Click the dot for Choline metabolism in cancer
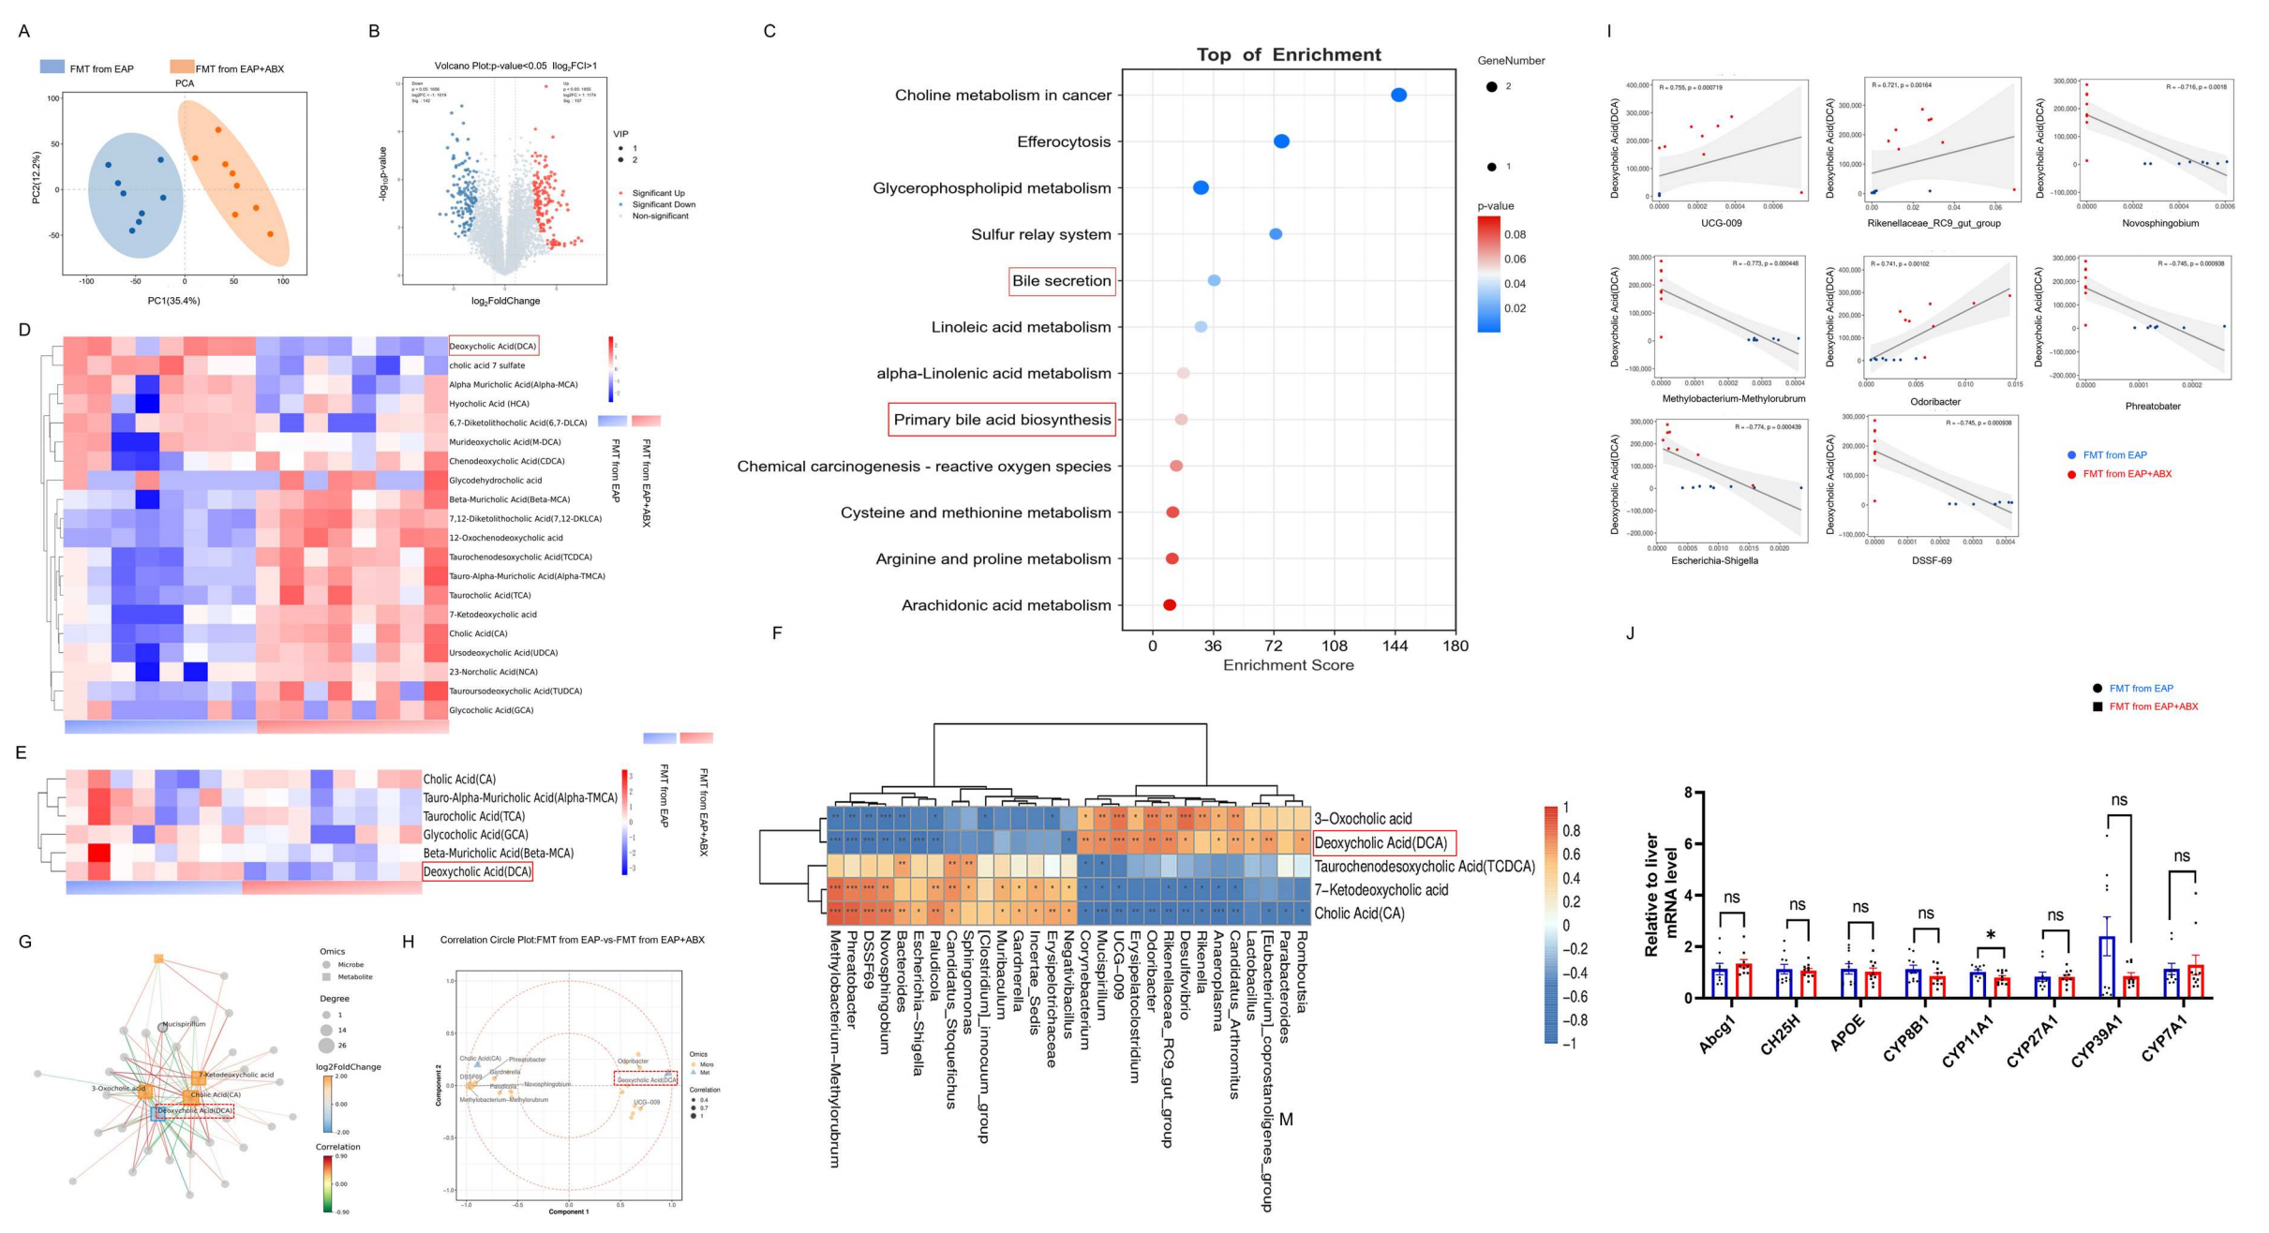(1398, 95)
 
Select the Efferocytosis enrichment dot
(1281, 141)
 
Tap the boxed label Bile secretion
(1062, 281)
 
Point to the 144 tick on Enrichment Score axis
(1395, 646)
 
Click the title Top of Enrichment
(1289, 54)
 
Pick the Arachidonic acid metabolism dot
(1170, 605)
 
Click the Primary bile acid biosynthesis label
(1002, 420)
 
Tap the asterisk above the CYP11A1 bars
(1991, 936)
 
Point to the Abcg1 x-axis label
(1718, 1034)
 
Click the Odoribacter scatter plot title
(1935, 402)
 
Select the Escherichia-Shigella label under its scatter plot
(1714, 560)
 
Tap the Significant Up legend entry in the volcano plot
(658, 193)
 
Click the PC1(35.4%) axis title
(173, 301)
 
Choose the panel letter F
(776, 633)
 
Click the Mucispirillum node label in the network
(184, 1024)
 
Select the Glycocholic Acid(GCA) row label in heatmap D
(491, 710)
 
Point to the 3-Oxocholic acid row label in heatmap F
(1362, 819)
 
